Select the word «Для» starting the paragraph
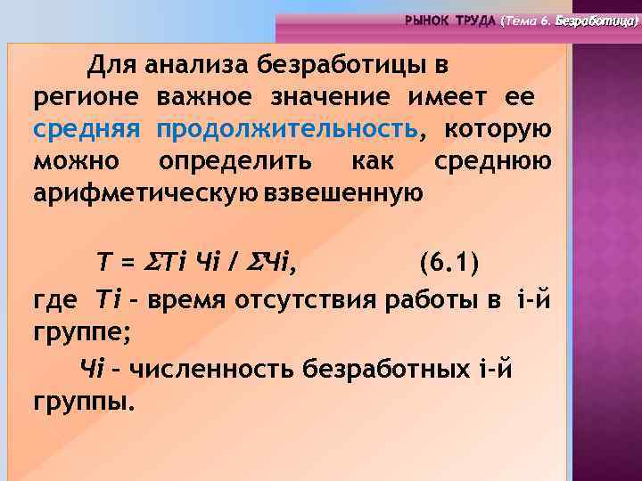(109, 65)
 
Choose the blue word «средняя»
(86, 129)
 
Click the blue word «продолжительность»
(286, 129)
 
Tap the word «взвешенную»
(343, 193)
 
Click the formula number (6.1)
(449, 264)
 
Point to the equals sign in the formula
(126, 264)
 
